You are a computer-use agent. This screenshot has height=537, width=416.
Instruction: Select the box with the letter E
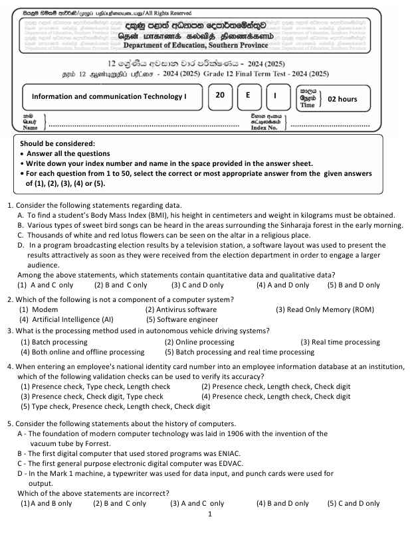(x=247, y=95)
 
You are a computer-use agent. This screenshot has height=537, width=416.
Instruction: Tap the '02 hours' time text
(x=343, y=99)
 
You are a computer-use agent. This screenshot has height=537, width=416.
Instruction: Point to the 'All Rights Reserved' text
(x=166, y=13)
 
